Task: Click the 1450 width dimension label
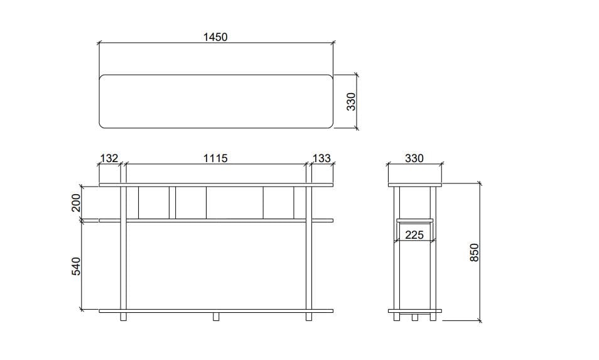tap(215, 36)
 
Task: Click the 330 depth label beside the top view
tap(352, 101)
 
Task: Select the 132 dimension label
tap(109, 158)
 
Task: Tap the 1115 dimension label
tap(215, 158)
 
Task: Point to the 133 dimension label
tap(321, 158)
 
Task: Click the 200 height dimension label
tap(76, 203)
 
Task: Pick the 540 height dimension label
tap(76, 265)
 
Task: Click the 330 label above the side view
tap(414, 158)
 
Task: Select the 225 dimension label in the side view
tap(414, 235)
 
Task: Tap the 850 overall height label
tap(475, 253)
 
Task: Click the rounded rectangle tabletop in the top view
tap(215, 101)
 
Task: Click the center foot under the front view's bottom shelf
tap(216, 317)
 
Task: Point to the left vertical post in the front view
tap(124, 264)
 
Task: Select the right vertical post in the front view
tap(308, 264)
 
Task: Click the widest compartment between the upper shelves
tap(234, 202)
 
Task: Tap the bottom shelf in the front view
tap(215, 310)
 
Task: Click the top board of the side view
tap(414, 185)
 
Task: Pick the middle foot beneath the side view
tap(414, 317)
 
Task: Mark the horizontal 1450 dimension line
tap(157, 43)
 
